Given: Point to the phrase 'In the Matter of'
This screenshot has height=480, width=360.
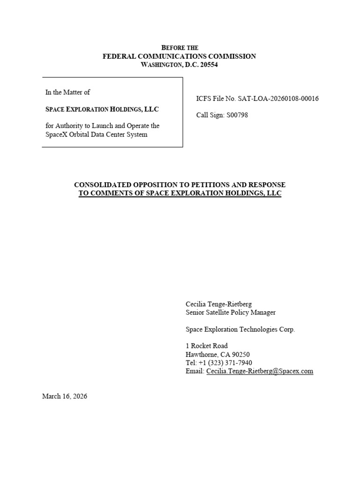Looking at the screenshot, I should coord(67,92).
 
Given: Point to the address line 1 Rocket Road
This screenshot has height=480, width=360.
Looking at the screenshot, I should coord(207,346).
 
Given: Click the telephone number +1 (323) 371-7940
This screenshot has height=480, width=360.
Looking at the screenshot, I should coord(225,363).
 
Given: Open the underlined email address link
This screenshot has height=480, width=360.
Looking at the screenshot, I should coord(260,371).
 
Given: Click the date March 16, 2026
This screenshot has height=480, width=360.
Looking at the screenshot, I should coord(65,396).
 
